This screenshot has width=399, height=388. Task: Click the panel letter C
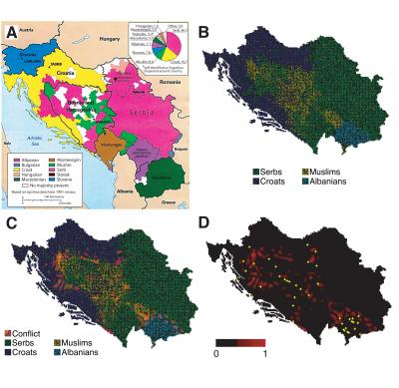pyautogui.click(x=11, y=196)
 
